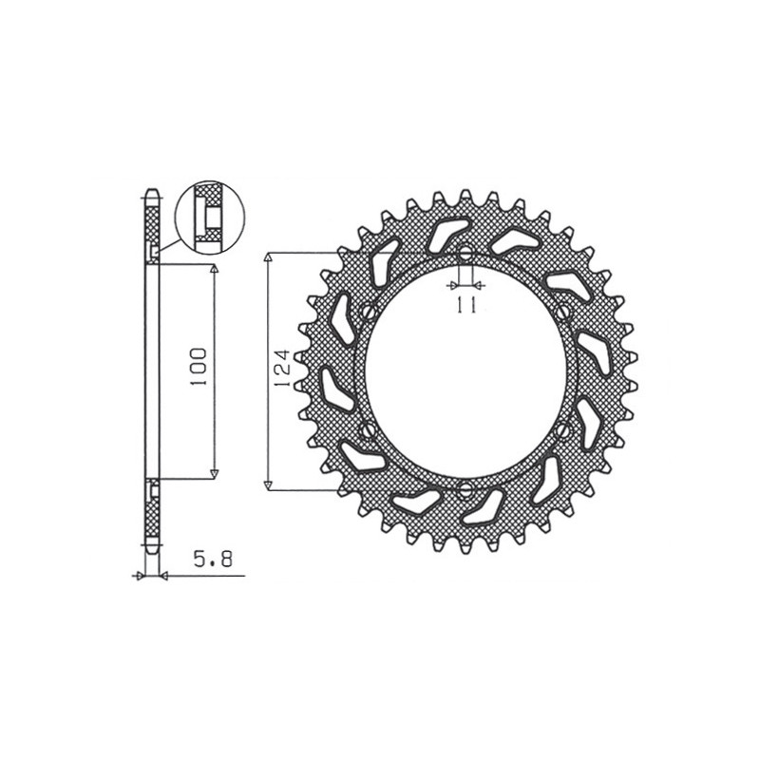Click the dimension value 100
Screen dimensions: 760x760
point(199,367)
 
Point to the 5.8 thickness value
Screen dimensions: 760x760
point(213,560)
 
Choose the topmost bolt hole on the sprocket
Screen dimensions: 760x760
point(465,253)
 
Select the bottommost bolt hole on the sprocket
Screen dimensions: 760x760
point(465,490)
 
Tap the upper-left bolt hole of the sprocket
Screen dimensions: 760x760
point(370,311)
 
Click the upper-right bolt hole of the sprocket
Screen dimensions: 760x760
point(562,312)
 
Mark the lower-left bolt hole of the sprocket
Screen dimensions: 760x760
point(368,429)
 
